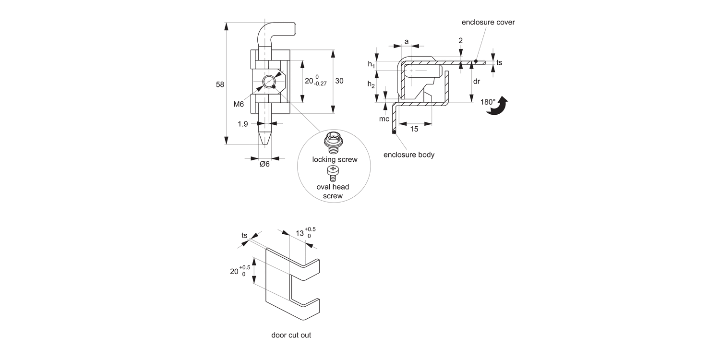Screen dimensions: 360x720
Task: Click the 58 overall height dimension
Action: pyautogui.click(x=220, y=84)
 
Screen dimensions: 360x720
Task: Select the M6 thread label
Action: pyautogui.click(x=239, y=104)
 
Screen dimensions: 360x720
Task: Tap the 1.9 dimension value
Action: pyautogui.click(x=243, y=124)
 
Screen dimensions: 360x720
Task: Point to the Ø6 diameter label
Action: pyautogui.click(x=264, y=164)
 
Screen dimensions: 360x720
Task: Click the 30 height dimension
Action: pyautogui.click(x=339, y=81)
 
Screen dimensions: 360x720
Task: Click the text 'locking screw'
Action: pyautogui.click(x=335, y=159)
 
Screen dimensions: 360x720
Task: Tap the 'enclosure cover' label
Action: pyautogui.click(x=488, y=23)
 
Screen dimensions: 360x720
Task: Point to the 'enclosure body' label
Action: pyautogui.click(x=409, y=155)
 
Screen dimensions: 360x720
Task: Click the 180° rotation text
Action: pyautogui.click(x=488, y=102)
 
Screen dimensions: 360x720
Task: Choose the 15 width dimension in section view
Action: pyautogui.click(x=414, y=129)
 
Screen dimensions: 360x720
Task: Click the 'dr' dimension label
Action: pyautogui.click(x=476, y=82)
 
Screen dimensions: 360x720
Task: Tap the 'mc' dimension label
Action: pyautogui.click(x=384, y=119)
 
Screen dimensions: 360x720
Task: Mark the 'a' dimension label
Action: pyautogui.click(x=407, y=42)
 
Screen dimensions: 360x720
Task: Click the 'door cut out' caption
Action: pyautogui.click(x=291, y=335)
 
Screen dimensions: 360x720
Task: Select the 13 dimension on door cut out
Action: pyautogui.click(x=300, y=233)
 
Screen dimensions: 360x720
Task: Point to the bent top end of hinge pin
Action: pyautogui.click(x=278, y=30)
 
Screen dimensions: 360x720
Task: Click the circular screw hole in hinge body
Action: pyautogui.click(x=269, y=81)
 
